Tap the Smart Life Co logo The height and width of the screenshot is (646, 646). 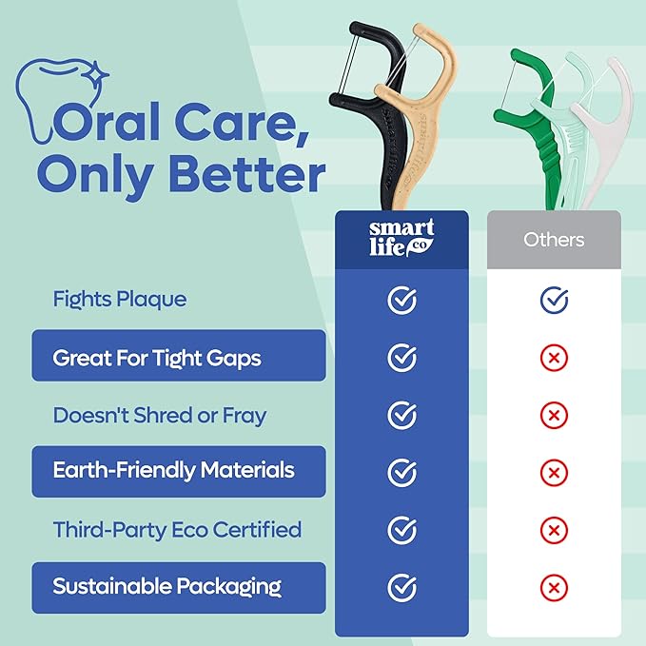[x=401, y=239]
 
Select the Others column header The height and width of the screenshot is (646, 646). [x=554, y=239]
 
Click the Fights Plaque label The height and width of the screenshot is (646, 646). [x=120, y=300]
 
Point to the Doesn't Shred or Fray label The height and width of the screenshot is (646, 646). [x=160, y=415]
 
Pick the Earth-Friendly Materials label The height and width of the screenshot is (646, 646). [x=173, y=471]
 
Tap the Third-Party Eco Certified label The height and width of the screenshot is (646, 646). [x=177, y=529]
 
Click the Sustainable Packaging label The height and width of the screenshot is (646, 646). [x=166, y=587]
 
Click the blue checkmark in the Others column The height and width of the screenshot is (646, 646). [x=554, y=301]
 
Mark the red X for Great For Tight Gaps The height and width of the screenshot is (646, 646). [x=554, y=358]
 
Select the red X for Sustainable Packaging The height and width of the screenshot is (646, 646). [x=554, y=587]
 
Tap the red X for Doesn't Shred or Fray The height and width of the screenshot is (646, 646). [x=554, y=415]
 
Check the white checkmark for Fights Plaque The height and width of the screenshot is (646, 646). [x=402, y=301]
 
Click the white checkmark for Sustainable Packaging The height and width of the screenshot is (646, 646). [x=402, y=587]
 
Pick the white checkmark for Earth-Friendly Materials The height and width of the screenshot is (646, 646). [x=402, y=472]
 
